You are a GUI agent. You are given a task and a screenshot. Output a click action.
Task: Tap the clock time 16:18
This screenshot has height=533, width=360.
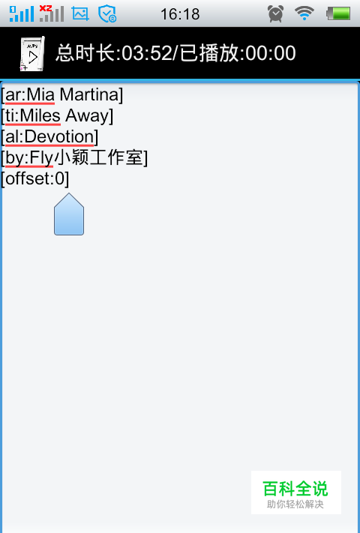(180, 14)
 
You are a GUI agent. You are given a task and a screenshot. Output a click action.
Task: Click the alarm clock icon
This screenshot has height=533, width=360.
(275, 13)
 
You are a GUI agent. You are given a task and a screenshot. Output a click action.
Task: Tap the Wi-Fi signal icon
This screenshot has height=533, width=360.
(304, 13)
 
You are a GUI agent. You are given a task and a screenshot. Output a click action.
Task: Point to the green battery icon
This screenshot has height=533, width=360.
(338, 14)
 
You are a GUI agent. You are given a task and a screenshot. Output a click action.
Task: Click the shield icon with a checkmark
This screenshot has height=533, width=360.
(107, 14)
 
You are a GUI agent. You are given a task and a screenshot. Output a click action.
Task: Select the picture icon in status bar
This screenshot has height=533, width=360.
(80, 14)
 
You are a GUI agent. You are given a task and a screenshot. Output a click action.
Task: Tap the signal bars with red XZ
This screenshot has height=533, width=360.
(51, 13)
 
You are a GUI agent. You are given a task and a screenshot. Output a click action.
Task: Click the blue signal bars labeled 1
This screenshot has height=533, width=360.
(22, 13)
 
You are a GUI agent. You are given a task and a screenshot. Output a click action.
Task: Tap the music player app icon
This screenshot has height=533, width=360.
(32, 54)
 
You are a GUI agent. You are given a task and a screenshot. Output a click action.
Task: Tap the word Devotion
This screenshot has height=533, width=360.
(58, 136)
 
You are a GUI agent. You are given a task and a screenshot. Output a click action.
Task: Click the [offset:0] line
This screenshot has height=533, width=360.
(35, 178)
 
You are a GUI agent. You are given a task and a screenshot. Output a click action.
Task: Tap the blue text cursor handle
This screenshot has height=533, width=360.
(69, 214)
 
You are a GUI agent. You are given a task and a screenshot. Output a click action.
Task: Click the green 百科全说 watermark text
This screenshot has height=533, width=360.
(295, 489)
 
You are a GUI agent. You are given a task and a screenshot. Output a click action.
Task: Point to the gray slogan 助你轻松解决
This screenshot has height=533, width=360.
(295, 504)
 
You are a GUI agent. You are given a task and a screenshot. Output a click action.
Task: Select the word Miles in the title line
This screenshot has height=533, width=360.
(40, 115)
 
